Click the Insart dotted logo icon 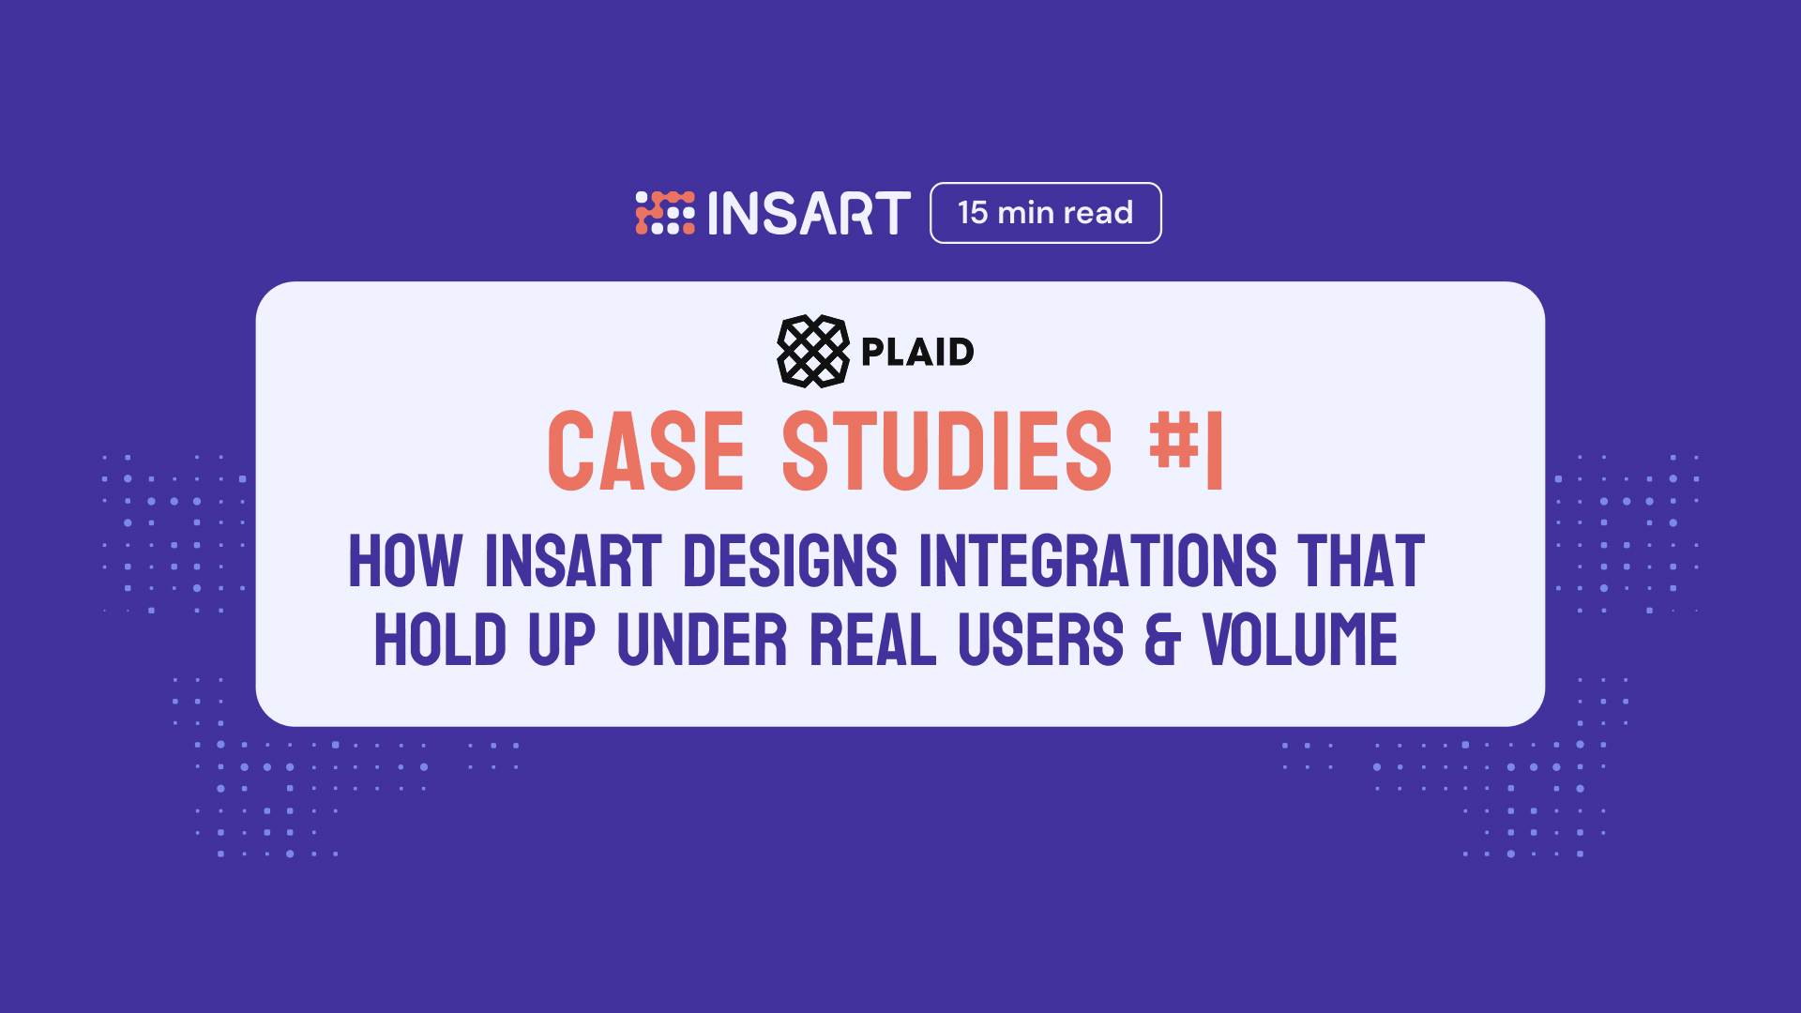point(665,213)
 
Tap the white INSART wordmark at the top point(809,213)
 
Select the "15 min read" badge point(1046,213)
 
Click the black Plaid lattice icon point(813,351)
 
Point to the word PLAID point(917,352)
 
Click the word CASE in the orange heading point(646,451)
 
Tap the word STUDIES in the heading point(947,451)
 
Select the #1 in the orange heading point(1187,451)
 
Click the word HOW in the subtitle point(405,561)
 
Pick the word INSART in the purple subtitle point(573,561)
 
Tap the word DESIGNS point(790,561)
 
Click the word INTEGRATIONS point(1097,561)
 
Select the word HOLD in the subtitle point(441,640)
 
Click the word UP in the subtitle point(562,640)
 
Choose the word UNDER point(703,640)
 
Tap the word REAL point(873,640)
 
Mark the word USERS point(1041,640)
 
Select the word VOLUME point(1300,640)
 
